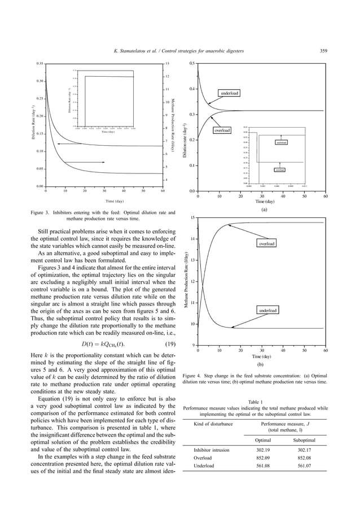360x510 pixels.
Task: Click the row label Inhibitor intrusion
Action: coord(210,450)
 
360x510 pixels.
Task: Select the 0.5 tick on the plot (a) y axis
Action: coord(192,64)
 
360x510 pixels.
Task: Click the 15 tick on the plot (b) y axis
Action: coord(193,218)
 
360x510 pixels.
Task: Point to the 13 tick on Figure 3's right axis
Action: coord(166,64)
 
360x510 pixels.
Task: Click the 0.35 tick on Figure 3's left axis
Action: coord(39,64)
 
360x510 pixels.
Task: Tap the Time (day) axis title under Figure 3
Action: coord(115,201)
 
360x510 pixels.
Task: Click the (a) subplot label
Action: coord(263,208)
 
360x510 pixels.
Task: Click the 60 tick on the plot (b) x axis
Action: coord(326,351)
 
